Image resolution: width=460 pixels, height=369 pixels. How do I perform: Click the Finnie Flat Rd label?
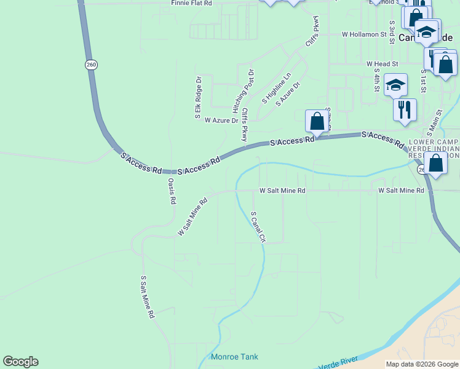click(191, 3)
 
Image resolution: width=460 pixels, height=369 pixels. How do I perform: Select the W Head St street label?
click(382, 63)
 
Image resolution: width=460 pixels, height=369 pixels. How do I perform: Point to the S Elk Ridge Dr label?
click(198, 98)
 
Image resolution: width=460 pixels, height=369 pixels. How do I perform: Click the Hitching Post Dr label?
click(244, 91)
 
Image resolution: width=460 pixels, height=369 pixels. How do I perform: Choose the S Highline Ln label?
click(276, 88)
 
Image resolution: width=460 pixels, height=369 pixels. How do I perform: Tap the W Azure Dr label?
click(221, 121)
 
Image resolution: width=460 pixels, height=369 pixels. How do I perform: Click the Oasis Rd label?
click(172, 191)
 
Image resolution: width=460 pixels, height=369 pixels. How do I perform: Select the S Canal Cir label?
click(258, 227)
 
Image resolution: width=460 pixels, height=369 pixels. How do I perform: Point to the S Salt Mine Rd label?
click(147, 296)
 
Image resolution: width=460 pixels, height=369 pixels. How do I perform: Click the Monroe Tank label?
click(234, 357)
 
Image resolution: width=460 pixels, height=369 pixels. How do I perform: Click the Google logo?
click(20, 362)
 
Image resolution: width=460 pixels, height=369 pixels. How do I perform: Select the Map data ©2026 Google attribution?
click(421, 364)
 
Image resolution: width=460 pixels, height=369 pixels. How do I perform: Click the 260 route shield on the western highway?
click(91, 65)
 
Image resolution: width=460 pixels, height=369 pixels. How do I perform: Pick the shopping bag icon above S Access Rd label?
click(317, 120)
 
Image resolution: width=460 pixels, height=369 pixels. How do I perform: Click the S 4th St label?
click(376, 79)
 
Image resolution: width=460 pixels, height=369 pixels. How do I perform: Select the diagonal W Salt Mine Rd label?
click(192, 216)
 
